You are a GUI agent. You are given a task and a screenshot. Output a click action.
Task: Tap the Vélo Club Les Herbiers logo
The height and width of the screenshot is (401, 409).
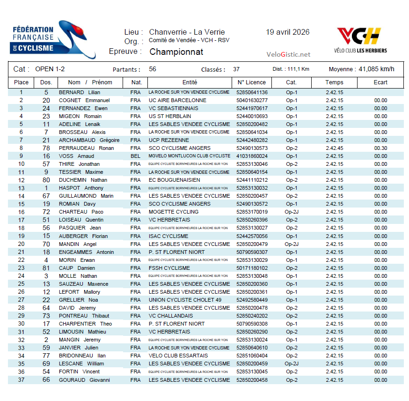click(360, 40)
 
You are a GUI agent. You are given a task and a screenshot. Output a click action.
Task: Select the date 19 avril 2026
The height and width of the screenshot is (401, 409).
click(287, 32)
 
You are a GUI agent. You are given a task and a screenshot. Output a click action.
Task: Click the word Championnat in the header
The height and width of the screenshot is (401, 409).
click(176, 52)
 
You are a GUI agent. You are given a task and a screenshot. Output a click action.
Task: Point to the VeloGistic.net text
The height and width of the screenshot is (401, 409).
click(288, 54)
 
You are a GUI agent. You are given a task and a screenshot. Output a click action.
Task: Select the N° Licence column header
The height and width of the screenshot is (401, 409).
click(252, 82)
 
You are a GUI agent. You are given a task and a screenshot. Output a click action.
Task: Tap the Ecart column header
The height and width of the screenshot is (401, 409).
click(380, 82)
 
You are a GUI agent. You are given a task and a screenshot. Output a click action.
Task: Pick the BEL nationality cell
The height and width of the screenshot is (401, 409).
click(135, 156)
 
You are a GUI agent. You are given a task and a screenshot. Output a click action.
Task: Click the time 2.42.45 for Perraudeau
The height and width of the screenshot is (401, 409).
click(334, 149)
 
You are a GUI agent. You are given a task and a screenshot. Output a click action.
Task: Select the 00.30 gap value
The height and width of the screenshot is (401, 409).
click(380, 149)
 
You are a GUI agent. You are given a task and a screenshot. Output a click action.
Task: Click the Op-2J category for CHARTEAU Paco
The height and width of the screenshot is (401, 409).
click(291, 212)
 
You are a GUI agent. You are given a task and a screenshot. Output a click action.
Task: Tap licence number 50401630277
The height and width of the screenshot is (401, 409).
click(252, 101)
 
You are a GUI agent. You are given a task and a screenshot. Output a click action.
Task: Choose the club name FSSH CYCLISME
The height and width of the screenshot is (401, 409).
click(169, 268)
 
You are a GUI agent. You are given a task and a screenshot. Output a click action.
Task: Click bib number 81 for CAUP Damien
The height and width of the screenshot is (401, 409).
click(46, 268)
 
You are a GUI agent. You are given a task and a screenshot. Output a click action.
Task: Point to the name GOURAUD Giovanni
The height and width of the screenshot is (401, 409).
click(84, 380)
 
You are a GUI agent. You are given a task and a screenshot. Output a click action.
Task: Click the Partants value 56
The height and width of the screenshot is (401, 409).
click(153, 69)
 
